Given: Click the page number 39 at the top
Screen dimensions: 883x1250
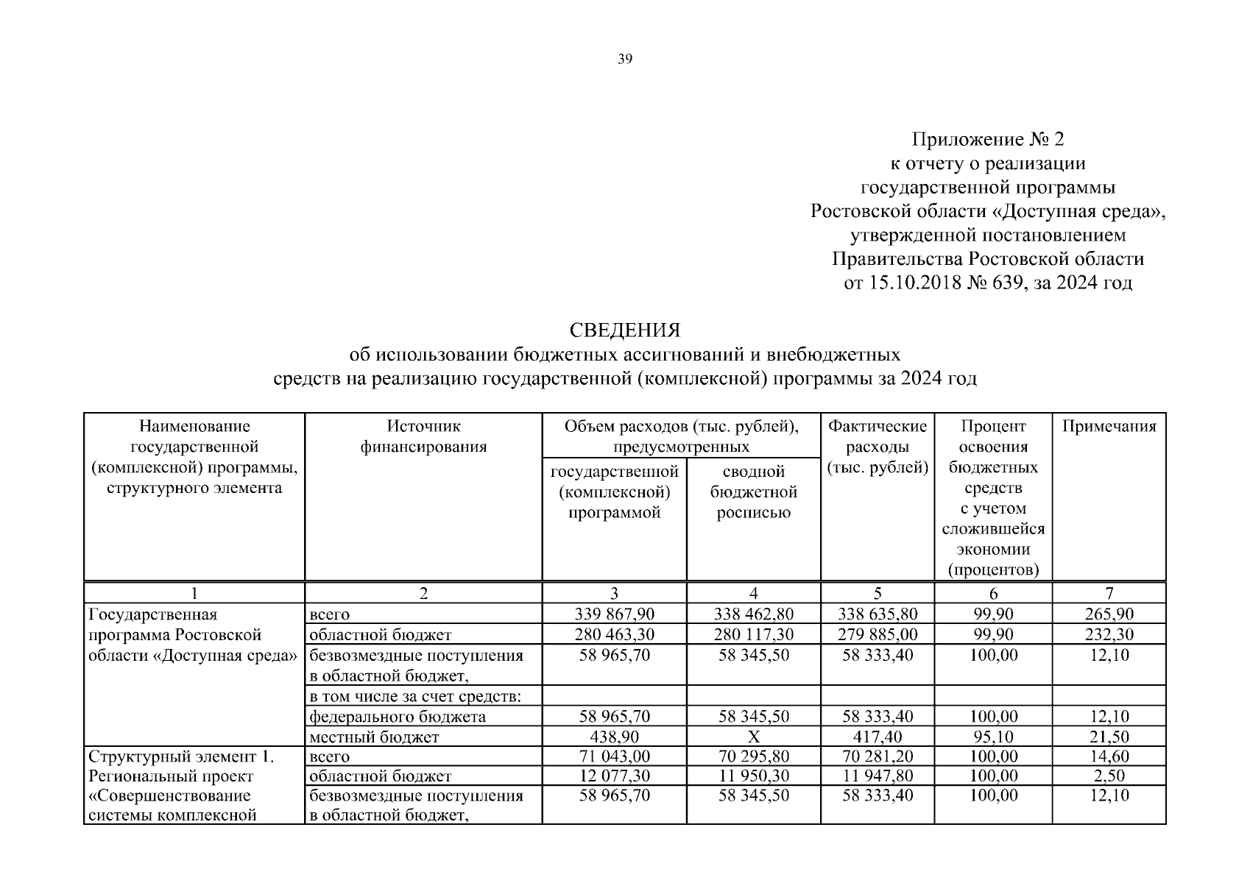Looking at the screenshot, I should coord(624,60).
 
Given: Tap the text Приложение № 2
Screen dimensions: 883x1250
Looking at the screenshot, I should coord(988,139).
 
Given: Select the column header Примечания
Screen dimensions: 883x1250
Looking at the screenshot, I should coord(1109,426).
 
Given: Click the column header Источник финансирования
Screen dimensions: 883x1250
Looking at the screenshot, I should coord(423,436).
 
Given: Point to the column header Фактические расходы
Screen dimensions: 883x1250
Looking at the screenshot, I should coord(877,446).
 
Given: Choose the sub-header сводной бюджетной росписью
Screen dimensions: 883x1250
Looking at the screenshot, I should coord(753,492).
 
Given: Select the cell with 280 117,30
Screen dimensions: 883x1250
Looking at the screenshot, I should coord(753,634).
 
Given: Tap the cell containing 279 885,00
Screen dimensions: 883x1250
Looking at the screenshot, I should coord(877,634).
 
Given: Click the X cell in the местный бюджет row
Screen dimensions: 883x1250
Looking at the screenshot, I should coord(753,737).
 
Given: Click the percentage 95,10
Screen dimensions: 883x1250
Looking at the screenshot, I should coord(993,737).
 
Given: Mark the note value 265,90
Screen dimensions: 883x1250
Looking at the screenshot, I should coord(1109,614).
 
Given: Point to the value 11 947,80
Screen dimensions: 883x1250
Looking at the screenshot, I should coord(877,776).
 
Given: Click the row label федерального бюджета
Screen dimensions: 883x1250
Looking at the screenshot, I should coord(397,716).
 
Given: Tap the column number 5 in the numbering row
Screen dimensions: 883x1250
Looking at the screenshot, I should coord(877,593).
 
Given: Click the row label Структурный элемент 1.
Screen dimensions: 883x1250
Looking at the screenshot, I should coord(181,756).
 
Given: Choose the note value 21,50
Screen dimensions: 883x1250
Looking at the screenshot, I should coord(1109,737).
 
